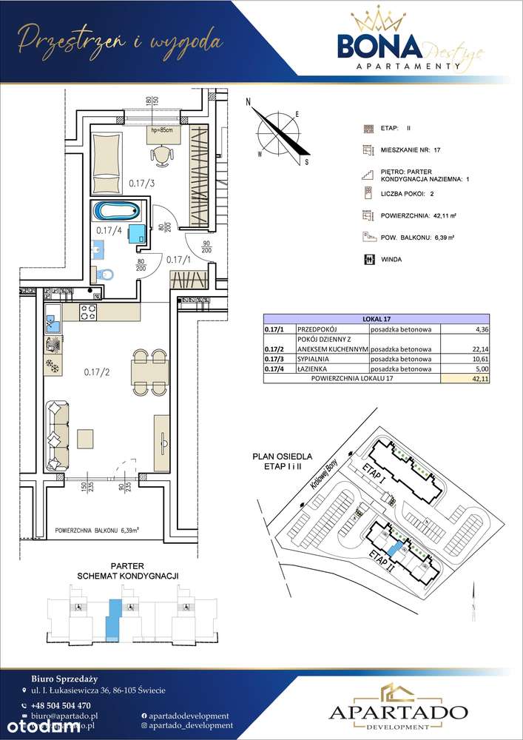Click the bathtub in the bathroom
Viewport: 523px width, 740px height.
click(117, 211)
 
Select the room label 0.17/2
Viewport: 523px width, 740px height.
click(96, 371)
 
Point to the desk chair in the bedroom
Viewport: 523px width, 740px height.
click(161, 155)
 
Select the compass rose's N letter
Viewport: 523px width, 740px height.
click(249, 103)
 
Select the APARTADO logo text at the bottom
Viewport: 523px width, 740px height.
click(397, 712)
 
